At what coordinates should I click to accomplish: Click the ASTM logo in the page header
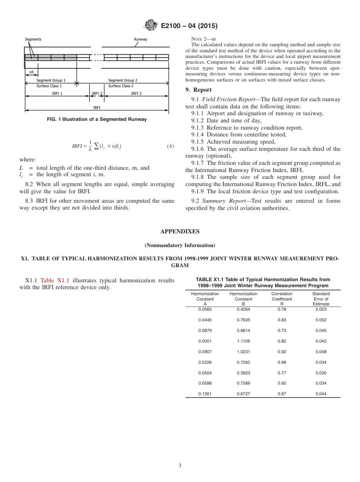pyautogui.click(x=151, y=25)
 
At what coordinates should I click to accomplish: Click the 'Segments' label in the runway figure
pyautogui.click(x=33, y=39)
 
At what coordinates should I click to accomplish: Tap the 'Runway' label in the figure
pyautogui.click(x=141, y=39)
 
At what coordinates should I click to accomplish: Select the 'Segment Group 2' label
pyautogui.click(x=123, y=81)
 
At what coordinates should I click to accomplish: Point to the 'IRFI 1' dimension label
pyautogui.click(x=57, y=94)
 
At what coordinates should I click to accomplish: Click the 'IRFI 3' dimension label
pyautogui.click(x=136, y=94)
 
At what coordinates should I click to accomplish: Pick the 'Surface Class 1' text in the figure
pyautogui.click(x=49, y=86)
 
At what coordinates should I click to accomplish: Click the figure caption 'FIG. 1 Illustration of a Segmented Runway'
pyautogui.click(x=97, y=119)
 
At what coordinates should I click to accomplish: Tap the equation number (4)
pyautogui.click(x=171, y=146)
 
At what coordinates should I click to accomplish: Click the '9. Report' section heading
pyautogui.click(x=199, y=90)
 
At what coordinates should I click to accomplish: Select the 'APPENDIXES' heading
pyautogui.click(x=180, y=232)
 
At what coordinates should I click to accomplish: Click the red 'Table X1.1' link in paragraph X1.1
pyautogui.click(x=55, y=280)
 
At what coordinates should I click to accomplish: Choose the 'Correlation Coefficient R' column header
pyautogui.click(x=282, y=299)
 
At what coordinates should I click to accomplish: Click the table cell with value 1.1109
pyautogui.click(x=243, y=341)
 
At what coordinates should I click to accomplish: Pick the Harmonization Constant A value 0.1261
pyautogui.click(x=205, y=394)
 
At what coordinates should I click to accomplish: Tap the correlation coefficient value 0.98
pyautogui.click(x=282, y=362)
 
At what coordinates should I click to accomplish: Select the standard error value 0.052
pyautogui.click(x=321, y=320)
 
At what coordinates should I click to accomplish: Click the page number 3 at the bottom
pyautogui.click(x=180, y=465)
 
